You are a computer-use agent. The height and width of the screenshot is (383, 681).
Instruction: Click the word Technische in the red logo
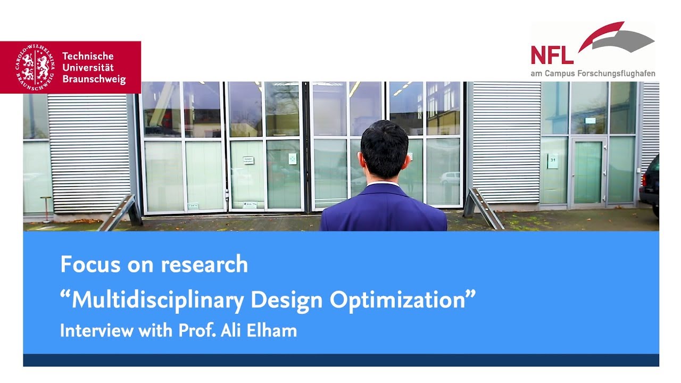88,56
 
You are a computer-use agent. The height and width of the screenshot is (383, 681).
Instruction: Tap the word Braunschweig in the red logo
94,79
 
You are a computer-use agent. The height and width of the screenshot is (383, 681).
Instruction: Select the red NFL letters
552,55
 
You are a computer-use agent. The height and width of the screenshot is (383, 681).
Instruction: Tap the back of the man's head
384,148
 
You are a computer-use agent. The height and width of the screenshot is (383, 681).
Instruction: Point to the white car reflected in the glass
450,178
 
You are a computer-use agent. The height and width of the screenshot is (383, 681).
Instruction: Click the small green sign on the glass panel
292,159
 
